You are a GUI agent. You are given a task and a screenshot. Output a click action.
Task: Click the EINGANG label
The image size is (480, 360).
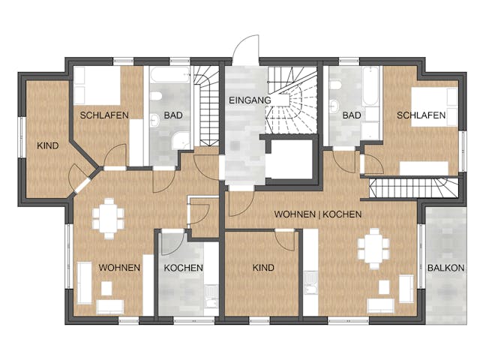250,100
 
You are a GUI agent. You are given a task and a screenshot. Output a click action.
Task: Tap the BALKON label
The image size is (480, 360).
445,268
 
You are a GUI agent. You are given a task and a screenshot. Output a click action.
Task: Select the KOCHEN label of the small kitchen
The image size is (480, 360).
183,268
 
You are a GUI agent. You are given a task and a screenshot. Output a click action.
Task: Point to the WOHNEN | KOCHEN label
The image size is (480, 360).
318,214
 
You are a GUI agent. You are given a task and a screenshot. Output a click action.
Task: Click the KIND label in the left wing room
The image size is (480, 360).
48,145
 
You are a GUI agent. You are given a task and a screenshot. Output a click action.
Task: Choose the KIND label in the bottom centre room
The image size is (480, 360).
263,268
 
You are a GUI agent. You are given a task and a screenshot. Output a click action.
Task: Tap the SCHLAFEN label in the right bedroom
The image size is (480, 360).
421,115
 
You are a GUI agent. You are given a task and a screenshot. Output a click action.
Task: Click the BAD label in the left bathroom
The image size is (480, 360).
173,115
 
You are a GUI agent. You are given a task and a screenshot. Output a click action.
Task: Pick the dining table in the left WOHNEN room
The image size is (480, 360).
108,218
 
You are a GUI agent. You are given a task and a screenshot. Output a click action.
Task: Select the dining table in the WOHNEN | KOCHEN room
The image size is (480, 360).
373,248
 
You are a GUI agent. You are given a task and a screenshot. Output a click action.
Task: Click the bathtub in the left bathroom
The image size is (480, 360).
170,75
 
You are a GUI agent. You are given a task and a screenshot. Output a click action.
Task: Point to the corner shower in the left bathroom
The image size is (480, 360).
181,141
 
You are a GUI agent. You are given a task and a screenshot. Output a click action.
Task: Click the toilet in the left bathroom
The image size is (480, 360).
156,96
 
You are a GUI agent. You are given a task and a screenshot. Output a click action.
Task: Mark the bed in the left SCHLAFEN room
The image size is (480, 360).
97,86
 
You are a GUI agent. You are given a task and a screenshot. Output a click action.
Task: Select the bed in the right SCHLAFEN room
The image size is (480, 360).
435,107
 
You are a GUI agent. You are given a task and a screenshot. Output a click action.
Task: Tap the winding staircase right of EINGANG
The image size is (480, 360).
291,100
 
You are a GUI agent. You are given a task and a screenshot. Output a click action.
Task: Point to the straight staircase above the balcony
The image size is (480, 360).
414,188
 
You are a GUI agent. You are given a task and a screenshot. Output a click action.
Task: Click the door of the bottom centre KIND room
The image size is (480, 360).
285,240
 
